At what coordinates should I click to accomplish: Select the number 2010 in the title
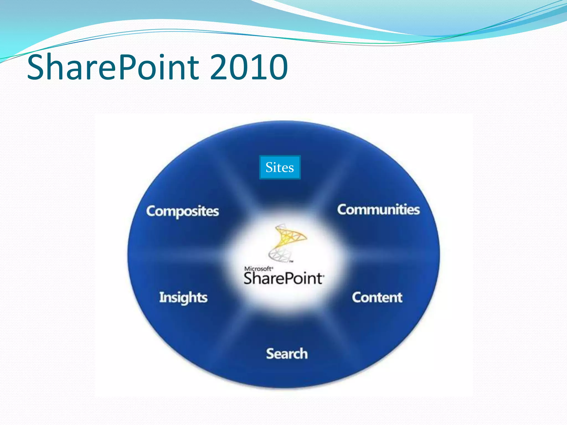point(249,67)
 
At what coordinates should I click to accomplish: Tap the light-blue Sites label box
point(280,167)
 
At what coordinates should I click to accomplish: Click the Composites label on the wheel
point(182,211)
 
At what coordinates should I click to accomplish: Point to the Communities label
point(378,209)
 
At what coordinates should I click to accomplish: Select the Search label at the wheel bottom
point(287,354)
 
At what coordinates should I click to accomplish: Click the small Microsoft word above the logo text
point(258,269)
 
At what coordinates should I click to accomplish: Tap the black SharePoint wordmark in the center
point(283,278)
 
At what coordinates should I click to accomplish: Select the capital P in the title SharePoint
point(126,67)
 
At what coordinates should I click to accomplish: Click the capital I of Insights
point(161,297)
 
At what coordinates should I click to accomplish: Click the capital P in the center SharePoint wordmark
point(287,278)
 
